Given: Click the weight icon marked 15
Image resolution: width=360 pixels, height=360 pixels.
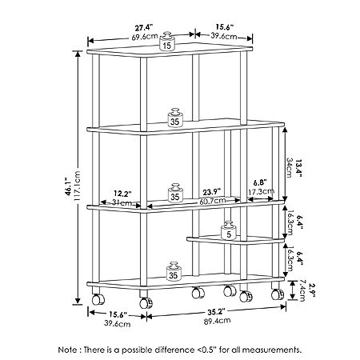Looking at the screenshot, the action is (x=167, y=41).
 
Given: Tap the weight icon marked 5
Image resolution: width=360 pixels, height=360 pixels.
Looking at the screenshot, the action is (x=229, y=230).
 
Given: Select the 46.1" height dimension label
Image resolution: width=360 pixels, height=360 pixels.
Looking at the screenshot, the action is (x=68, y=183).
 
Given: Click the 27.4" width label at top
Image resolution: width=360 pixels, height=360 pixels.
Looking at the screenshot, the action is (x=144, y=28).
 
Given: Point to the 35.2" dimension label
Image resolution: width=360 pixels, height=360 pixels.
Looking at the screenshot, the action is (x=216, y=311).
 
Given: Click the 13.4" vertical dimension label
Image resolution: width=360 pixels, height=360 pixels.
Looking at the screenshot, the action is (x=298, y=168).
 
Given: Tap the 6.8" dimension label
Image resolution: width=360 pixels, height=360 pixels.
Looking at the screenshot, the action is (x=260, y=182).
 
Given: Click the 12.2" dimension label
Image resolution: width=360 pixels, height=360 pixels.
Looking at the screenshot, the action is (x=122, y=193).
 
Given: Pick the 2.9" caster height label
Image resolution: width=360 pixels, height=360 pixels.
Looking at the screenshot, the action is (x=312, y=290).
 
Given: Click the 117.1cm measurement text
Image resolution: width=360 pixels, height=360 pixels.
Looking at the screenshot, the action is (x=78, y=186).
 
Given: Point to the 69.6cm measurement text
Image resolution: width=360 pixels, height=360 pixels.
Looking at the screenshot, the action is (x=145, y=37).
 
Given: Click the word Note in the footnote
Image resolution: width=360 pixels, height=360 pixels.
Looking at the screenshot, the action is (x=67, y=350).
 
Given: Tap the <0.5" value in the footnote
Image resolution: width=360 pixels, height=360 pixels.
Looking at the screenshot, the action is (x=208, y=350).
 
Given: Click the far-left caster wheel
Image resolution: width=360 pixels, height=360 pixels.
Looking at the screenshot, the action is (x=98, y=299).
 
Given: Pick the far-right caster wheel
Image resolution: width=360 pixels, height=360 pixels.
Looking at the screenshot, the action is (x=278, y=294).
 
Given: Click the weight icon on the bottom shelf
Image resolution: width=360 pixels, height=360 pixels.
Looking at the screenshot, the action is (x=174, y=271).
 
